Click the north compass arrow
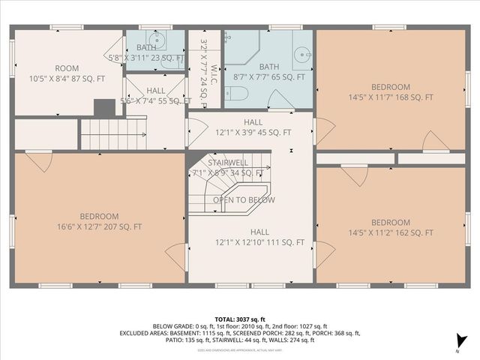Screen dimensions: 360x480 (459, 342)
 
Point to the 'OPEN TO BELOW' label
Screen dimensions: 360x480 (243, 200)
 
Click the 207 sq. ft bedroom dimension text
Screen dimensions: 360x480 (99, 226)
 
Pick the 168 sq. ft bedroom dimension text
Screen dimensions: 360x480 (391, 97)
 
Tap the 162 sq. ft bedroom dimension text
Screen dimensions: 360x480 (391, 233)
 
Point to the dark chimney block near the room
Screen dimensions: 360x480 (103, 108)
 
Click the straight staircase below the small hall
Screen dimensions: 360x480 (105, 133)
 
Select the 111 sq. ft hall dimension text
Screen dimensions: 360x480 (259, 242)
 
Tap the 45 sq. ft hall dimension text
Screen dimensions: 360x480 (253, 133)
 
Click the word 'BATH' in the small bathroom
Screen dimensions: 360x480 (146, 48)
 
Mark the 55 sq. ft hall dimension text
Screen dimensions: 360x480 (156, 100)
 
